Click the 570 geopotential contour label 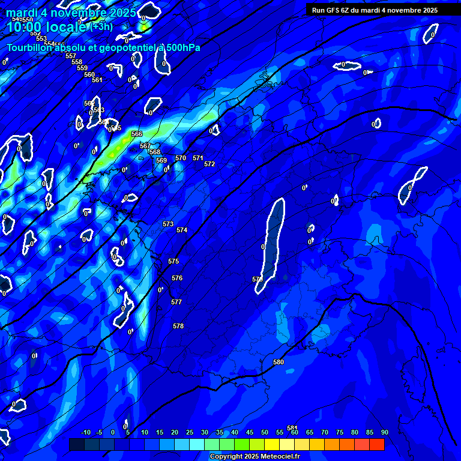(181, 158)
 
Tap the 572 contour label (209, 164)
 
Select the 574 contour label (182, 230)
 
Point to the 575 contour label (173, 261)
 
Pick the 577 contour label (176, 302)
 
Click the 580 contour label (279, 362)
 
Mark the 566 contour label (137, 134)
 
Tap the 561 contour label (97, 80)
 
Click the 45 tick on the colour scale (250, 432)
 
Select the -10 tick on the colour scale (85, 432)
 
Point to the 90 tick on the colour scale (384, 432)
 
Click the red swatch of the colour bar (377, 444)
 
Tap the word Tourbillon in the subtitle (31, 47)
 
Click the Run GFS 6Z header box (375, 10)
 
